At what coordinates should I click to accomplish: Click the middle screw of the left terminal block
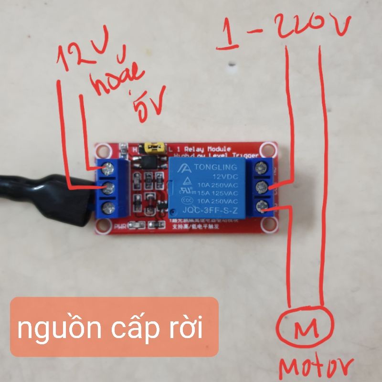109,187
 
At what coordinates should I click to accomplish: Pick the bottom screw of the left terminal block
109,207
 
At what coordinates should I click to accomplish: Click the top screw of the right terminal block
261,168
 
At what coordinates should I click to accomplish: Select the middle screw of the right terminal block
261,187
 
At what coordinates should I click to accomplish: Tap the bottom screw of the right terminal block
261,206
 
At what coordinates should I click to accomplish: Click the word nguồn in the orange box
53,329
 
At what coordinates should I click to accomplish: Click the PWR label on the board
120,228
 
